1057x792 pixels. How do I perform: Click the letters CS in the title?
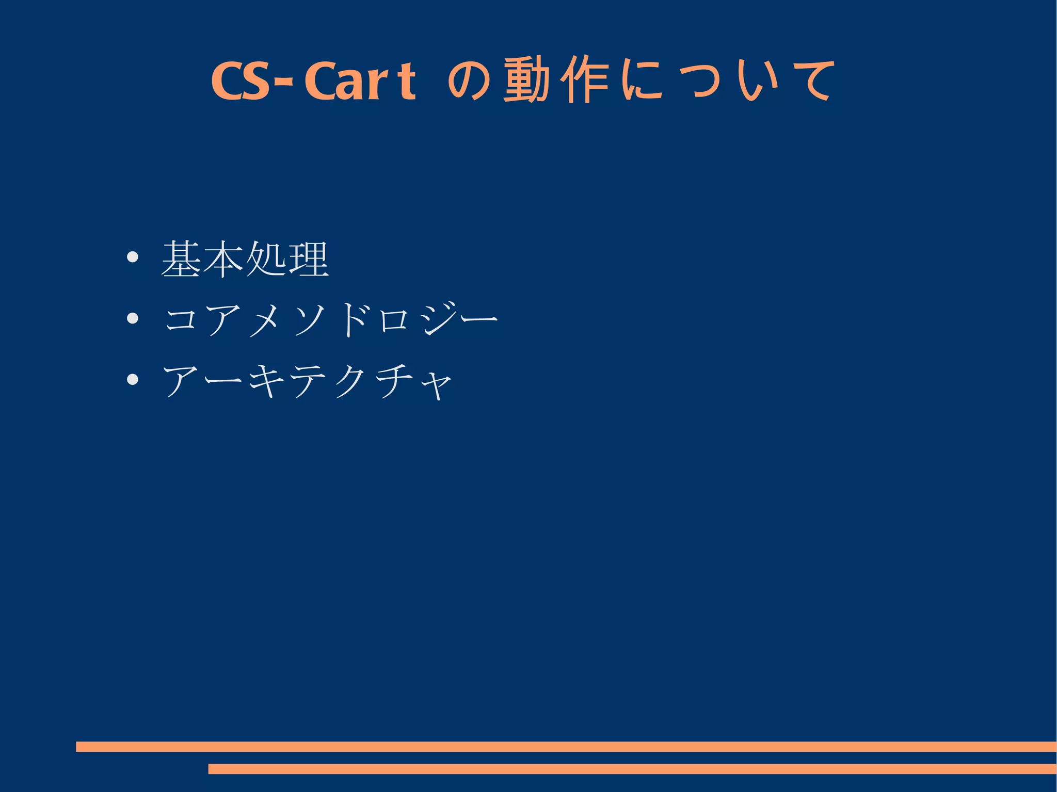241,81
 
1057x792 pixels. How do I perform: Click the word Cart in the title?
360,81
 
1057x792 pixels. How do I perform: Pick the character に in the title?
642,81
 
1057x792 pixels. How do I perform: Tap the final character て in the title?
812,81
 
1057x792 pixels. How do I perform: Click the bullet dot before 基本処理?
133,257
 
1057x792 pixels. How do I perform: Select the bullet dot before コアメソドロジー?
133,318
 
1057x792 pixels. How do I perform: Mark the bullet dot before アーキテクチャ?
133,380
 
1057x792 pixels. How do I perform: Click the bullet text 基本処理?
245,259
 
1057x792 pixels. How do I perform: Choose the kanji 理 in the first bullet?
309,259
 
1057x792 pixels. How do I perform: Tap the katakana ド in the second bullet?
356,319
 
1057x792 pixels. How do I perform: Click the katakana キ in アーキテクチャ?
266,381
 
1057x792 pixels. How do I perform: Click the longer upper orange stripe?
566,746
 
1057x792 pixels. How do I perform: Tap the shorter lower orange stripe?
632,769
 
